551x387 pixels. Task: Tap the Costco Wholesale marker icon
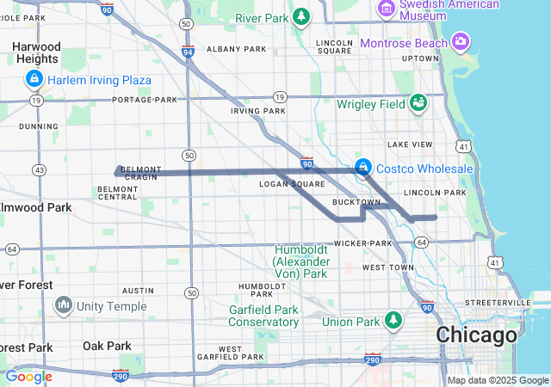(363, 166)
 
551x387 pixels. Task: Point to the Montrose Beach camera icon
(461, 42)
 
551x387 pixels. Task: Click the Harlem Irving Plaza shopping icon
(34, 80)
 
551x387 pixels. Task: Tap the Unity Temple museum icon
(64, 305)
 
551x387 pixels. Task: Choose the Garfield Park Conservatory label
(263, 316)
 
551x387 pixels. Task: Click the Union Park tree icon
(393, 321)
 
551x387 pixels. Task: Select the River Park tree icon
(300, 16)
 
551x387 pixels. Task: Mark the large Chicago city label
(477, 334)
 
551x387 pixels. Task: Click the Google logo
(28, 376)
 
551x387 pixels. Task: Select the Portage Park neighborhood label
(145, 100)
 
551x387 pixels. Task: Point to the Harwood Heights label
(37, 52)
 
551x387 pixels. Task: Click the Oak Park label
(107, 346)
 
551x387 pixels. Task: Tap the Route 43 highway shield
(39, 169)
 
